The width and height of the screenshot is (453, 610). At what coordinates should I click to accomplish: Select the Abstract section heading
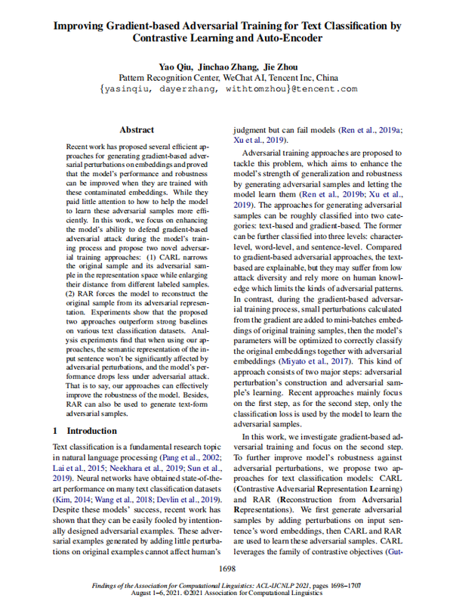tap(137, 130)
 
